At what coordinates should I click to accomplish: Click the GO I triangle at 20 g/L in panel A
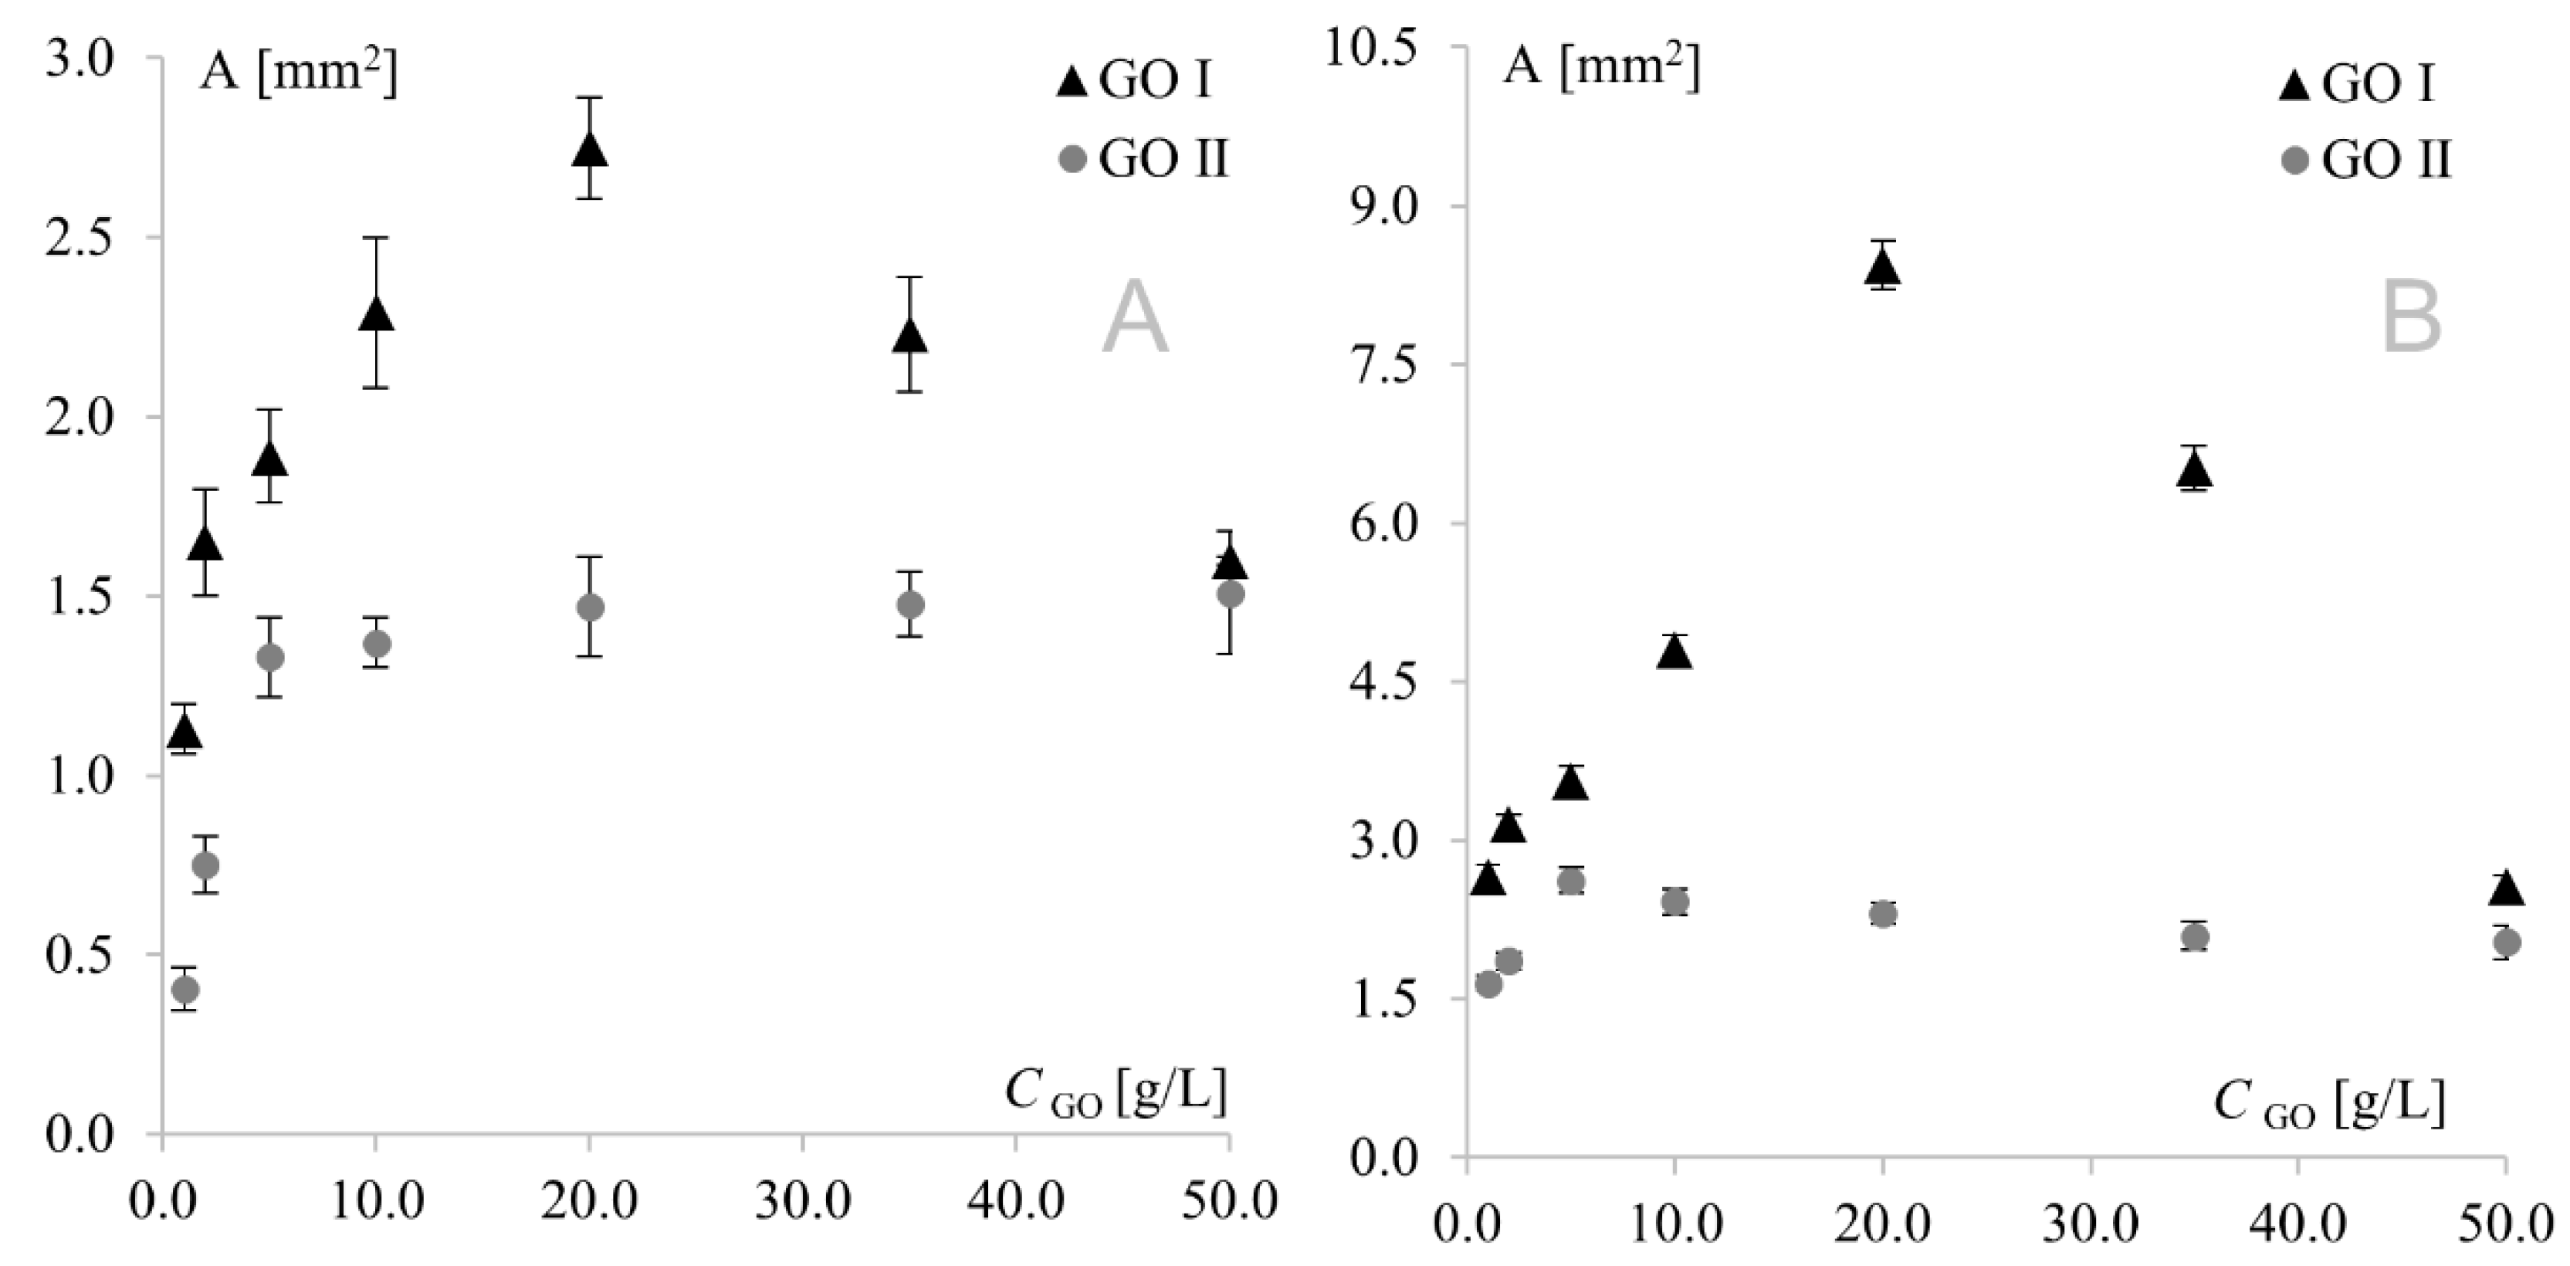tap(590, 150)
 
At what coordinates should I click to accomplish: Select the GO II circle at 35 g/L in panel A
tap(910, 604)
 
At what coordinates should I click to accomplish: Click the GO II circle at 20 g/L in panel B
tap(1883, 914)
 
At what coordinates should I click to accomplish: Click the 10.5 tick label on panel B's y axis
tap(1369, 48)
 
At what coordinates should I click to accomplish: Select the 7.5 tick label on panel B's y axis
tap(1383, 365)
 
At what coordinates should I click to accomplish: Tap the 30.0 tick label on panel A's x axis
tap(802, 1201)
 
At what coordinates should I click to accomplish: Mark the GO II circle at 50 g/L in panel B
tap(2506, 942)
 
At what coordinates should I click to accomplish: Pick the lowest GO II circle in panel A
tap(185, 990)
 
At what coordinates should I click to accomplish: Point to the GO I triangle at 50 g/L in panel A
tap(1229, 563)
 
